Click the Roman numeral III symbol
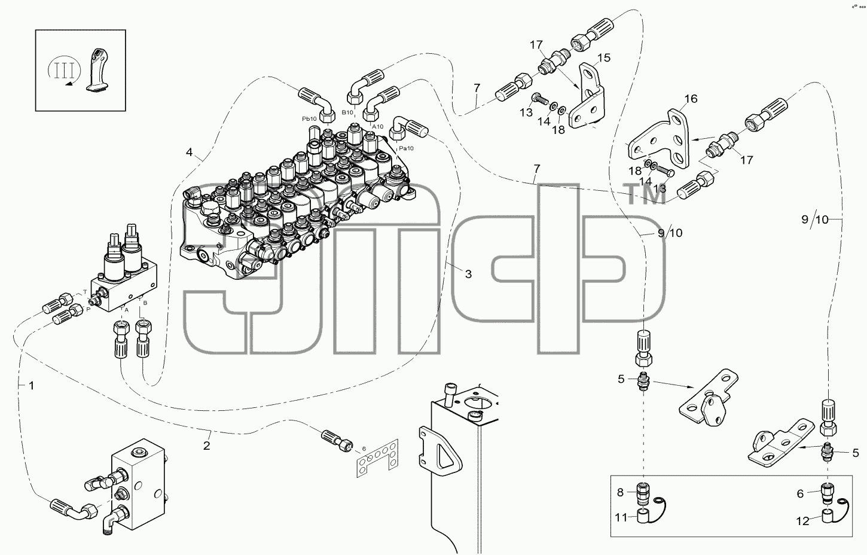tap(64, 71)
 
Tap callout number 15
tap(603, 58)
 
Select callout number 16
tap(691, 99)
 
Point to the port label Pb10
tap(309, 119)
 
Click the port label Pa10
tap(406, 148)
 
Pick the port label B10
tap(347, 112)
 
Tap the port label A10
tap(377, 127)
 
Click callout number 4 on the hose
tap(189, 152)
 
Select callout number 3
tap(468, 275)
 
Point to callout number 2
tap(207, 446)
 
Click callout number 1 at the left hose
tap(32, 386)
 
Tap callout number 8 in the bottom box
tap(620, 492)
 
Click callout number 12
tap(803, 522)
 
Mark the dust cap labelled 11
tap(643, 517)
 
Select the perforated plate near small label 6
tap(377, 458)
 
